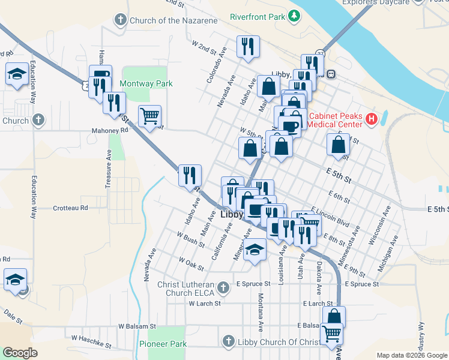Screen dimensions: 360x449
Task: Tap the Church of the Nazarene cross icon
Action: coord(120,20)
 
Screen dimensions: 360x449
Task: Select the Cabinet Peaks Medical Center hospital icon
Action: coord(372,119)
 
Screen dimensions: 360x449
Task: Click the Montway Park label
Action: coord(146,83)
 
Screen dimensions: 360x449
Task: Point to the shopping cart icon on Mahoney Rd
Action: coord(149,115)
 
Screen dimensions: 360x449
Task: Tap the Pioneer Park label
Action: coord(163,344)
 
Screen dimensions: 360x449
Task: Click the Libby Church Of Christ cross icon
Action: coord(228,342)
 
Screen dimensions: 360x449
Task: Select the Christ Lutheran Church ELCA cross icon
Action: coord(223,288)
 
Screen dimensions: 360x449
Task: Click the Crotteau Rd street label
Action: coord(70,208)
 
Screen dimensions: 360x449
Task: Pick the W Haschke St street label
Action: coord(91,341)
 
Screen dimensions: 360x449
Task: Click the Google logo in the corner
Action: coord(20,353)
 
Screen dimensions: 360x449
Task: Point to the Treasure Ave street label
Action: coord(109,169)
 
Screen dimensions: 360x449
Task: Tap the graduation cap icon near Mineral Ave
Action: coord(255,250)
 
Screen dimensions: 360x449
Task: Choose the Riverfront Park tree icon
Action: coord(294,16)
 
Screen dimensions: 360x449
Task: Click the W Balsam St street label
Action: coord(137,326)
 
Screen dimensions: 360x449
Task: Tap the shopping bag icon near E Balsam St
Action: coord(334,317)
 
